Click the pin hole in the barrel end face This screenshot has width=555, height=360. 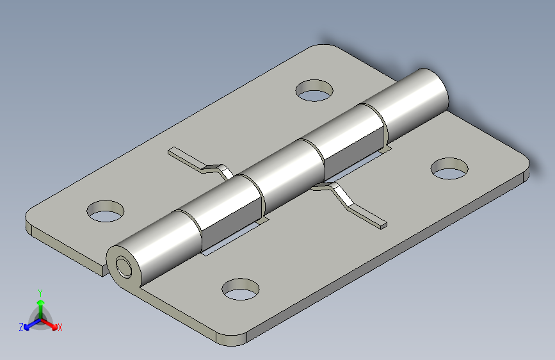[x=124, y=267]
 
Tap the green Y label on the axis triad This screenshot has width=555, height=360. [x=40, y=293]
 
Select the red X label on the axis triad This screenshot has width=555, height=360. [x=60, y=327]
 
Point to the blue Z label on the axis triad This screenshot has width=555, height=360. [x=21, y=327]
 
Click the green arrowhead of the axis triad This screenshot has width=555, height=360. [x=41, y=302]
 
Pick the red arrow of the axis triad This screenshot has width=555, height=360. [x=49, y=324]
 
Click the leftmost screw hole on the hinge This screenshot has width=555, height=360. [x=106, y=211]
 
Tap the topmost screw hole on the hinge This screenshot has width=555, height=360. [x=314, y=90]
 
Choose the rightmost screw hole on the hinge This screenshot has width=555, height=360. [x=449, y=168]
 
